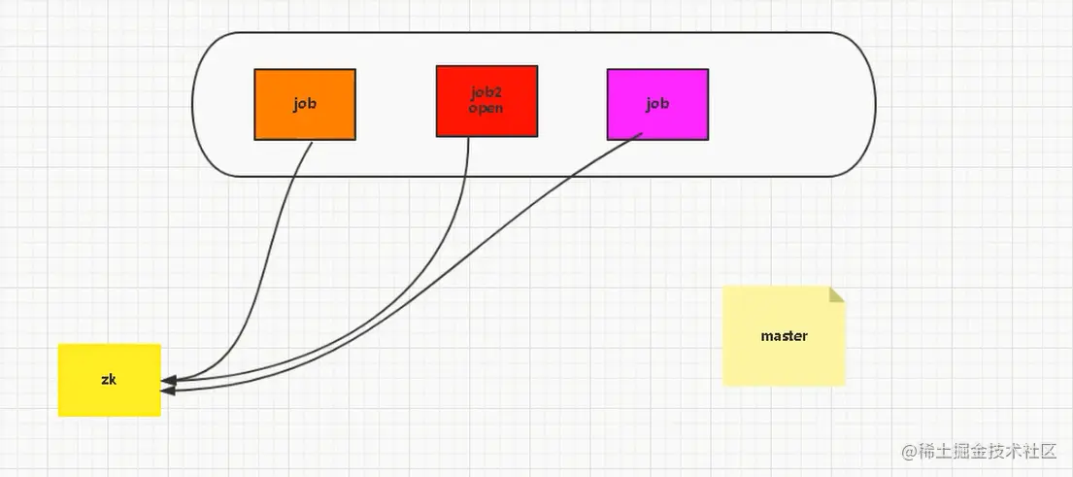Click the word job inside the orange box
click(x=305, y=103)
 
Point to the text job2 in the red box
click(x=486, y=94)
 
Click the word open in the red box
click(x=486, y=108)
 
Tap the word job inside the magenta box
click(x=657, y=103)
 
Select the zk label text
click(x=109, y=379)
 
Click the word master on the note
click(x=784, y=336)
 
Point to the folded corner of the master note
click(x=837, y=294)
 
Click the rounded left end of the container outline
click(x=194, y=105)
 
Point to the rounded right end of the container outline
click(x=875, y=105)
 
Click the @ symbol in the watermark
click(x=909, y=452)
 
